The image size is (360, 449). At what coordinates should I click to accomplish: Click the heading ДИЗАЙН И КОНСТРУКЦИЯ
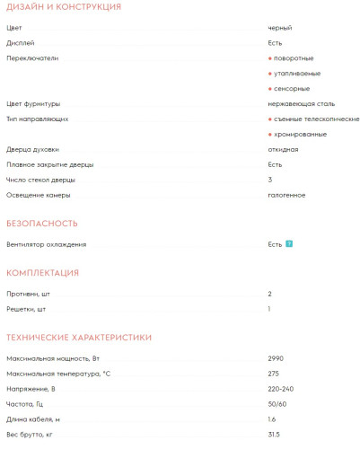tap(63, 7)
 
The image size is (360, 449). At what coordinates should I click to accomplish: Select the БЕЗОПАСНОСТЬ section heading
tap(42, 223)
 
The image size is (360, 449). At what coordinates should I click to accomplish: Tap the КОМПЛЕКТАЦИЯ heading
tap(42, 272)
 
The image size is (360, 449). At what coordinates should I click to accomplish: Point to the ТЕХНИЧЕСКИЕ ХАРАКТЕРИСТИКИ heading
tap(79, 337)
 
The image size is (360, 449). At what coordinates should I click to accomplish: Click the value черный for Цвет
tap(279, 29)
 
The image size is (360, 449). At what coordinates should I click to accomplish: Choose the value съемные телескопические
tap(316, 119)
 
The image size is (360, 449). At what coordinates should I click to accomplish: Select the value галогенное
tap(286, 195)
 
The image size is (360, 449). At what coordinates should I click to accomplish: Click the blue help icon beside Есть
tap(289, 244)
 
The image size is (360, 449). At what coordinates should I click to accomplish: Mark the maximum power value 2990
tap(276, 358)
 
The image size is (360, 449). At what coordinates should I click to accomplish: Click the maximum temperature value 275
tap(273, 374)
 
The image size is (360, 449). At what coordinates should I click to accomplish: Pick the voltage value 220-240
tap(280, 389)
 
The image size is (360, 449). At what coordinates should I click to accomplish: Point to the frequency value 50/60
tap(277, 404)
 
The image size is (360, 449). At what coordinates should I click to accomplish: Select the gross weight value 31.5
tap(274, 435)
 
